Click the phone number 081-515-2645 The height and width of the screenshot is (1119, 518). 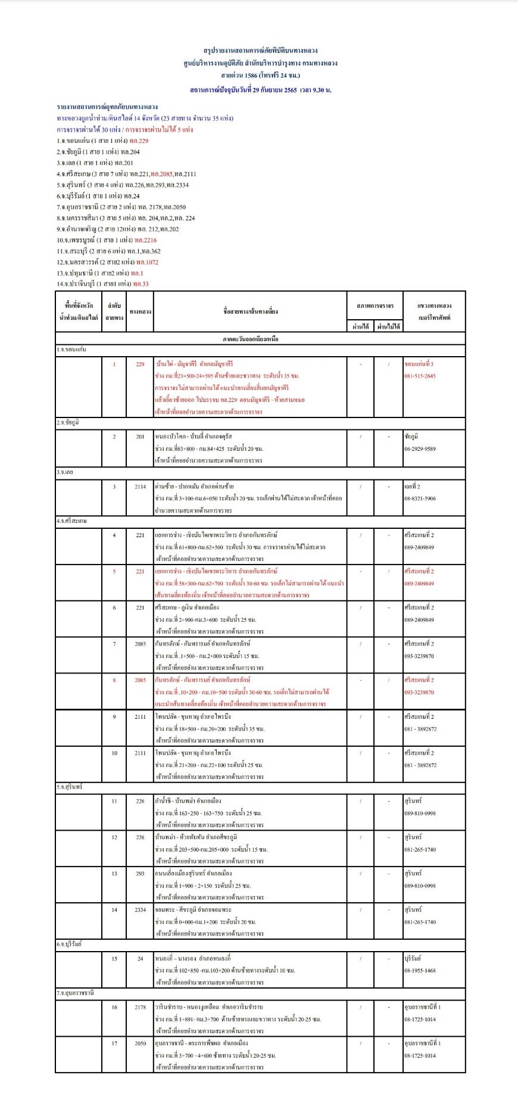tap(420, 376)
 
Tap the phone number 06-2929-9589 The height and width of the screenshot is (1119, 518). tap(420, 449)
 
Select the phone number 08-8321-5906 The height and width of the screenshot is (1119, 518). tap(420, 498)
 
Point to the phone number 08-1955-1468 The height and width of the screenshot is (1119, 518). tap(420, 971)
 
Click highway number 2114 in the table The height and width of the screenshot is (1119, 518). tap(140, 487)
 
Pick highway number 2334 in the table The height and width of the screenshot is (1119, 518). tap(140, 910)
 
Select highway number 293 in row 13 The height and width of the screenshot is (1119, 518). tap(140, 874)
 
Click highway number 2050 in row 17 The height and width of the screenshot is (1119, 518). tap(140, 1043)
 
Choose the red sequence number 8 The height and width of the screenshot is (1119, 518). tap(114, 680)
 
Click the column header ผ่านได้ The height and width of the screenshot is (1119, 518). tap(361, 326)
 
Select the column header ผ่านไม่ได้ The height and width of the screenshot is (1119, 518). tap(389, 326)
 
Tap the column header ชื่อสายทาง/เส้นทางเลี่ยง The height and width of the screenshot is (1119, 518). tap(251, 311)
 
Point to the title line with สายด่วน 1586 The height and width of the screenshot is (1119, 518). tap(260, 76)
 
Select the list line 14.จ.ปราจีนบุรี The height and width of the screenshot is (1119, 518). tap(102, 284)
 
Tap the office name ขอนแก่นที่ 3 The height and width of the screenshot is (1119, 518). tap(419, 364)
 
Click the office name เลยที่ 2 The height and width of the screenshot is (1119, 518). tap(412, 487)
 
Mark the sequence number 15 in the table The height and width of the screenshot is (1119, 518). tap(114, 959)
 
